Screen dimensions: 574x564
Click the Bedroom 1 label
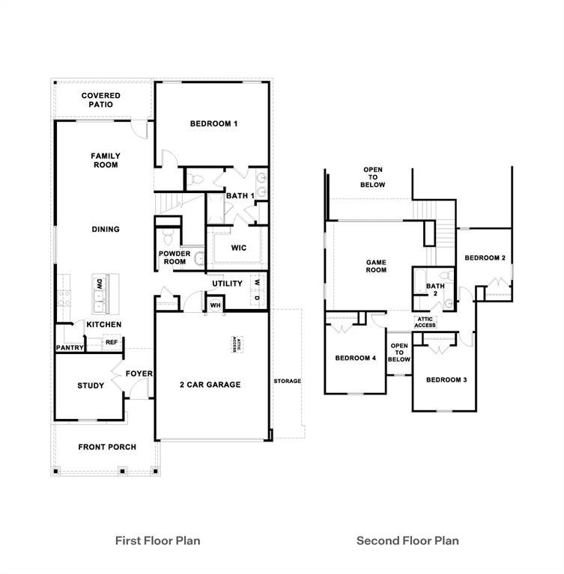pyautogui.click(x=213, y=123)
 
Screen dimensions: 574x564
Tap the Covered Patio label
pyautogui.click(x=101, y=100)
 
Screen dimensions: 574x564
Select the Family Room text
pyautogui.click(x=106, y=160)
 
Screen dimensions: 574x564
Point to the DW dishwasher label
pyautogui.click(x=99, y=284)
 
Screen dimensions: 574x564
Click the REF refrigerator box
pyautogui.click(x=111, y=342)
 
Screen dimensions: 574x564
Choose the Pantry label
pyautogui.click(x=69, y=348)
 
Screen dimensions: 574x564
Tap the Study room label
pyautogui.click(x=91, y=386)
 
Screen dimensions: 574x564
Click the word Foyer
pyautogui.click(x=139, y=373)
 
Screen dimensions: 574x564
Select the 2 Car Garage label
pyautogui.click(x=210, y=385)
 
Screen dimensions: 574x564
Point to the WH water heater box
pyautogui.click(x=214, y=305)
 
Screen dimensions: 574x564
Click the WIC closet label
pyautogui.click(x=239, y=248)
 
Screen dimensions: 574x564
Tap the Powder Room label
pyautogui.click(x=173, y=257)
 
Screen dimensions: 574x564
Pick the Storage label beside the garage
pyautogui.click(x=287, y=381)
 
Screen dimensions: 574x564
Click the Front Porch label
pyautogui.click(x=107, y=447)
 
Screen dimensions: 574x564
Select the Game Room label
pyautogui.click(x=376, y=266)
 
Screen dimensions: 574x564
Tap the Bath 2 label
pyautogui.click(x=435, y=290)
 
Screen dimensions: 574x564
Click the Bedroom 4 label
pyautogui.click(x=355, y=358)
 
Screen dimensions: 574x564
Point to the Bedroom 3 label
pyautogui.click(x=446, y=379)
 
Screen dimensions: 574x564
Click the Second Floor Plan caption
pyautogui.click(x=407, y=540)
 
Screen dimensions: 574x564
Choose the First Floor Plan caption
pyautogui.click(x=157, y=540)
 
